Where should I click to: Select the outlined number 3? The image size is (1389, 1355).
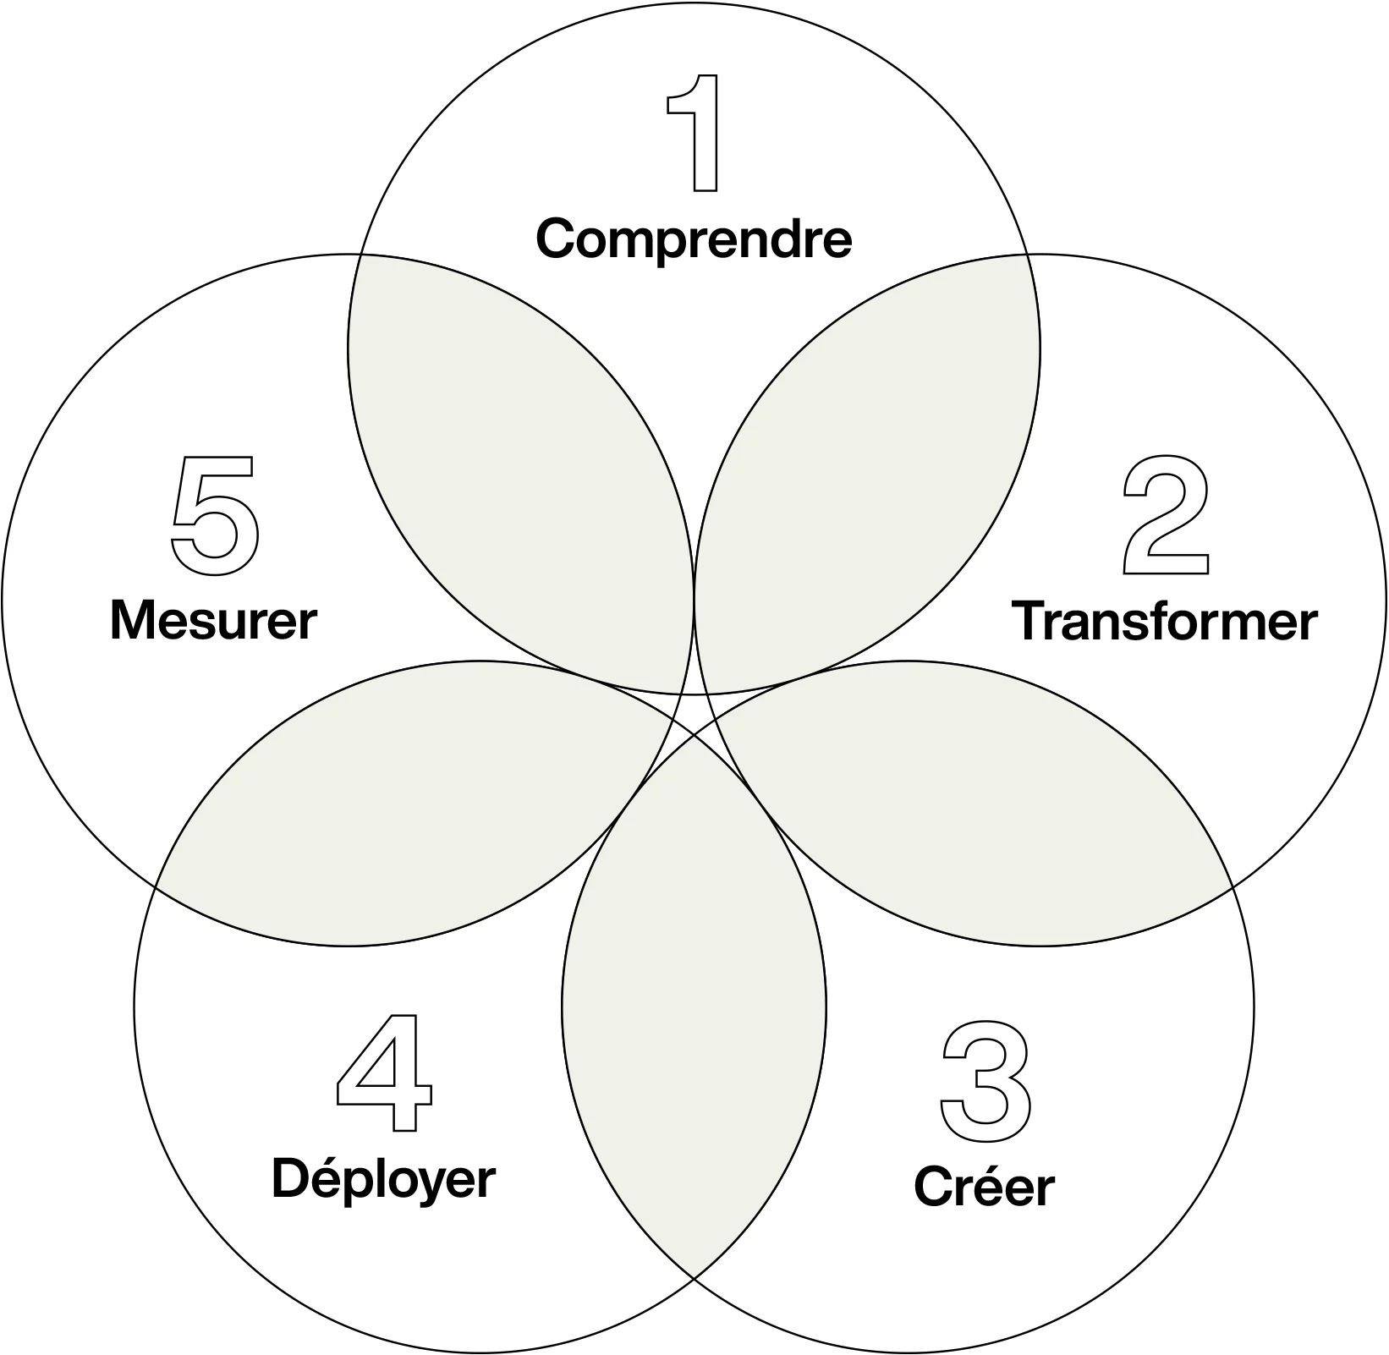click(x=986, y=1081)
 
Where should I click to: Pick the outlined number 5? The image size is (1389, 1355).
click(x=216, y=516)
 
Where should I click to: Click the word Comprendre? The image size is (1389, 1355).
click(x=694, y=239)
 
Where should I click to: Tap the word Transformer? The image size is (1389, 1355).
click(x=1165, y=622)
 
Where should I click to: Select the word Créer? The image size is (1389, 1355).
click(x=985, y=1186)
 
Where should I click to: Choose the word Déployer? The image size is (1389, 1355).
click(x=383, y=1179)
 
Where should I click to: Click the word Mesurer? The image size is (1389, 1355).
click(x=213, y=620)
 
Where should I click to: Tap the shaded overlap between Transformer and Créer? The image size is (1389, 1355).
click(x=973, y=812)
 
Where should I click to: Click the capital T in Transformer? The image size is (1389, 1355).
click(x=1030, y=622)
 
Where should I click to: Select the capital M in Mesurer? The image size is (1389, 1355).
click(x=135, y=620)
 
